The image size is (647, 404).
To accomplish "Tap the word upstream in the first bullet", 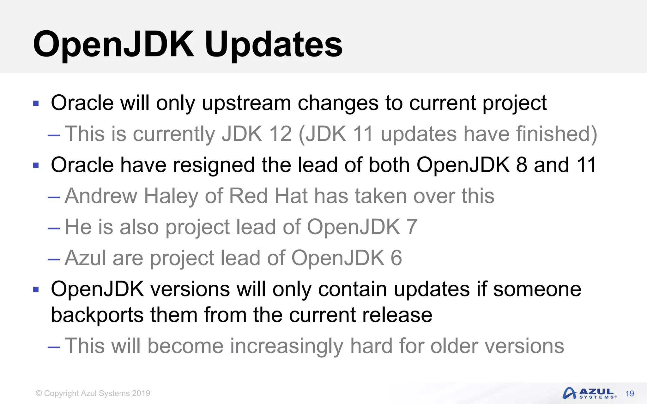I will point(246,103).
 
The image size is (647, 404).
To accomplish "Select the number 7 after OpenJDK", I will point(412,227).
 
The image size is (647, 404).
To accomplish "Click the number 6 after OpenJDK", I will point(396,258).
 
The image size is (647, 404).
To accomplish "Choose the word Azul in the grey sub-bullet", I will point(85,258).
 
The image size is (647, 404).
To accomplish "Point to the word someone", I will point(537,289).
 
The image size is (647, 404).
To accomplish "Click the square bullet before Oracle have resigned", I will point(36,165).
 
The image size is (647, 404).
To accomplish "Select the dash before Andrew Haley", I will point(54,198).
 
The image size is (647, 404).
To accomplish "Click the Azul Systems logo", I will point(589,393).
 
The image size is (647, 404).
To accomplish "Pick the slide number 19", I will point(630,394).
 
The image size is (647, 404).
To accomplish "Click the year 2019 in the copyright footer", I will point(141,393).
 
